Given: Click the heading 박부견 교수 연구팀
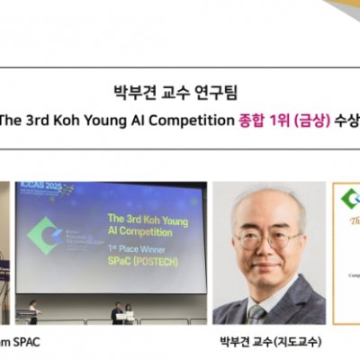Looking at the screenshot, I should click(x=181, y=91).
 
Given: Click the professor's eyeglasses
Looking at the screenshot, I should click(x=268, y=239).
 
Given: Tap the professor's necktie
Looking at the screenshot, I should click(x=260, y=313).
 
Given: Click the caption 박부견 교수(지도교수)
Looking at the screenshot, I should click(x=270, y=342).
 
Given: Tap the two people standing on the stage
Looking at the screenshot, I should click(x=122, y=311).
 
